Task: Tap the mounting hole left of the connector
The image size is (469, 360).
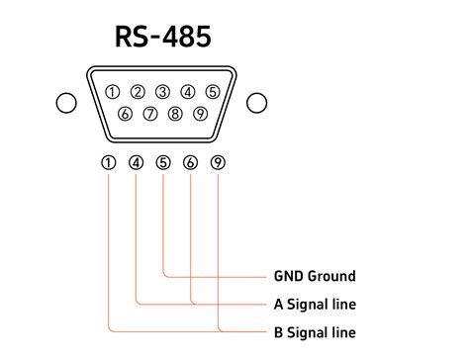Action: tap(66, 103)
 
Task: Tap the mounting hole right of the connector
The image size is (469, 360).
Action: tap(257, 103)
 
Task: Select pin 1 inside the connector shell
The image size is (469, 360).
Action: tap(113, 93)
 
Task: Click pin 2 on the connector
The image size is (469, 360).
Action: tap(138, 93)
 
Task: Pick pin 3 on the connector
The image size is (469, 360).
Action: tap(162, 93)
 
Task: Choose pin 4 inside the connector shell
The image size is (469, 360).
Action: tap(187, 93)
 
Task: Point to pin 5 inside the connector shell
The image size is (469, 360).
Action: tap(212, 93)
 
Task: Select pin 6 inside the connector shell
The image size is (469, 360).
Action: tap(125, 114)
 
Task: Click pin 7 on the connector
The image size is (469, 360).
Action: tap(150, 114)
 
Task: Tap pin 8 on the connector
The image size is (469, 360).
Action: tap(175, 114)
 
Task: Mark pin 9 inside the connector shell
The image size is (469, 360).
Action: tap(200, 114)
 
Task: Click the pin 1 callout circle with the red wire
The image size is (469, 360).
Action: tap(108, 162)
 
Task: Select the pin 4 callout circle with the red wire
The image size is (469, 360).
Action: tap(136, 162)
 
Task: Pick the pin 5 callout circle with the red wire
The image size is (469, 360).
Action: tap(163, 162)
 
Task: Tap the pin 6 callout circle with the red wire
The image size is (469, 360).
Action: tap(190, 162)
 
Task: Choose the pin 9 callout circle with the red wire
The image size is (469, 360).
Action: tap(218, 162)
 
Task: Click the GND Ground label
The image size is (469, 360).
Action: tap(314, 276)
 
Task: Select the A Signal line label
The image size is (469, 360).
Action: tap(314, 304)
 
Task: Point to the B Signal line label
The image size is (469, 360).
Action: tap(314, 331)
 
